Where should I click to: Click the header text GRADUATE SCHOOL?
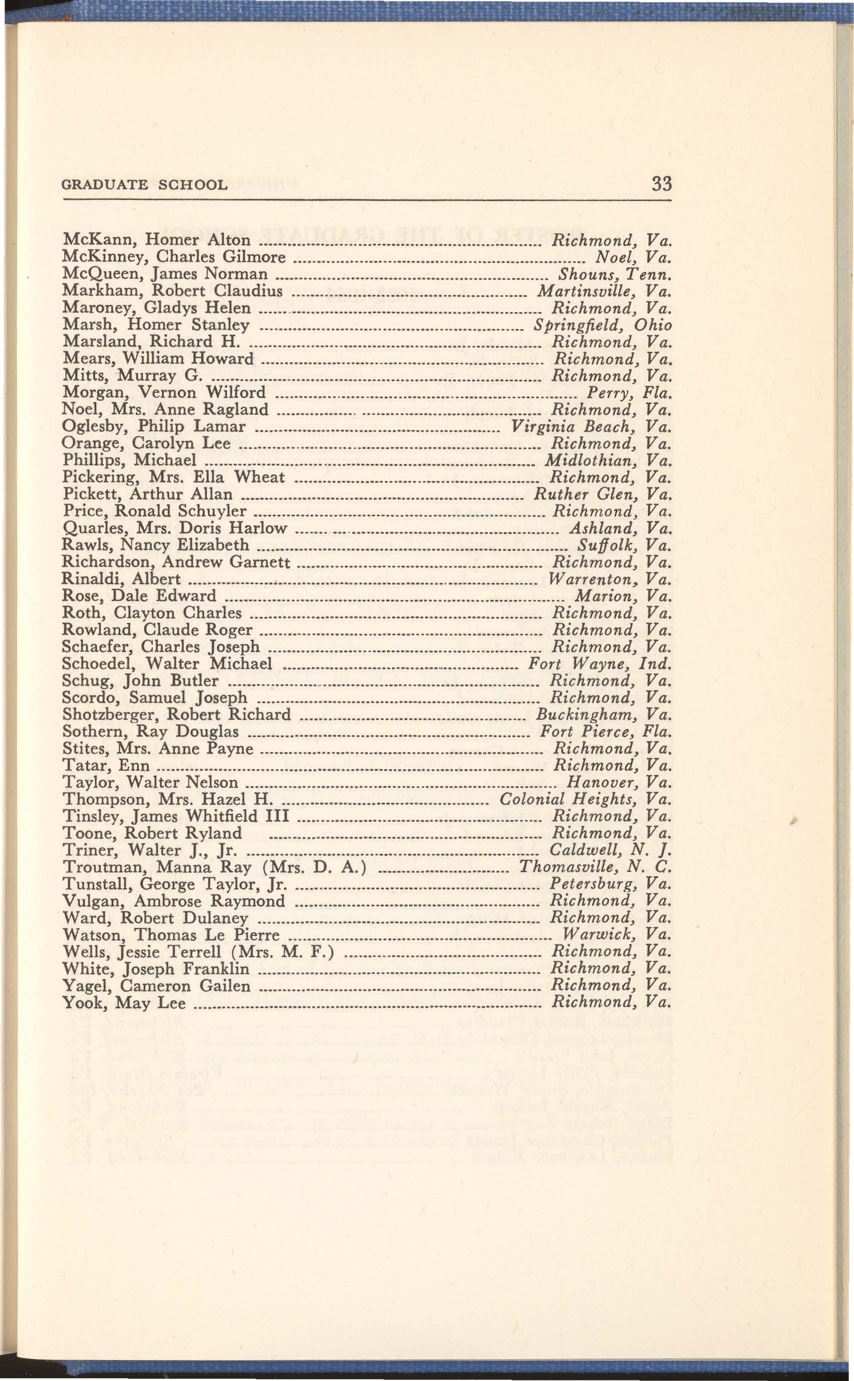pos(144,185)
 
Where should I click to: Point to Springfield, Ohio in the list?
pos(603,325)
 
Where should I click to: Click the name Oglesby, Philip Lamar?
pos(153,427)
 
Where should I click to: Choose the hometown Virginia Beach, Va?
pos(591,427)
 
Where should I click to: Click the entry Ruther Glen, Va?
pos(603,495)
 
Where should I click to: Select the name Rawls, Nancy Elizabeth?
pos(155,546)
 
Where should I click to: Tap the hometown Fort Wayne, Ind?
pos(599,664)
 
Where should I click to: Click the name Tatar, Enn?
pos(106,766)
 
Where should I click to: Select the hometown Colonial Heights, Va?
pos(586,800)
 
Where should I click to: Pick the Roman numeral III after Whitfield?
pos(277,817)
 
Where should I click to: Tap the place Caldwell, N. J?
pos(610,851)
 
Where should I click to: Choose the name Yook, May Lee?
pos(124,1004)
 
